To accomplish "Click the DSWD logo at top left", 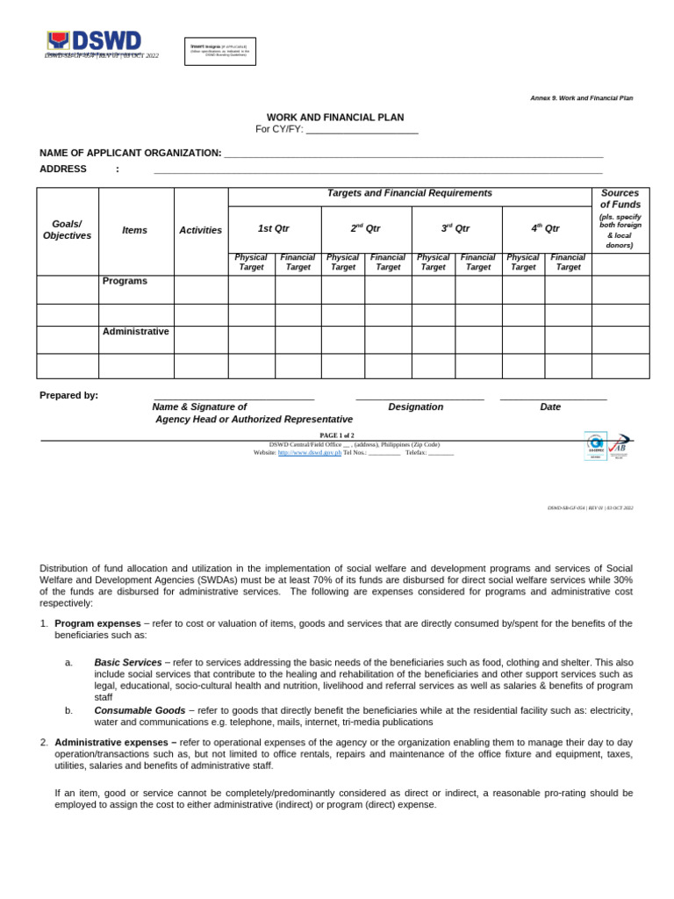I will point(94,42).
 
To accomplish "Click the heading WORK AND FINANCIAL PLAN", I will point(335,117).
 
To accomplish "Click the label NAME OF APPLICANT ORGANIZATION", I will point(130,153).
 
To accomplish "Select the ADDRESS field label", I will point(63,169).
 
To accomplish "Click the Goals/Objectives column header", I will point(68,230).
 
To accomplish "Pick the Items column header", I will point(135,230).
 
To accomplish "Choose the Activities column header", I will point(201,230).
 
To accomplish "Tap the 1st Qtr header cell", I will point(274,228).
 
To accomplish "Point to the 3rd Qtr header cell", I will point(455,228).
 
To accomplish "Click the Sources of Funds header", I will point(620,198).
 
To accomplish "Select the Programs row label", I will point(125,281).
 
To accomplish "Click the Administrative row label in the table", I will point(135,331).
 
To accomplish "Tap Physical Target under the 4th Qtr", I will point(523,263).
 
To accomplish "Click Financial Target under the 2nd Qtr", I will point(387,263).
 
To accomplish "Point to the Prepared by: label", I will point(69,395).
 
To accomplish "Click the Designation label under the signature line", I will point(416,406).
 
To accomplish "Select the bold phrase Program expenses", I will point(97,623).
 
